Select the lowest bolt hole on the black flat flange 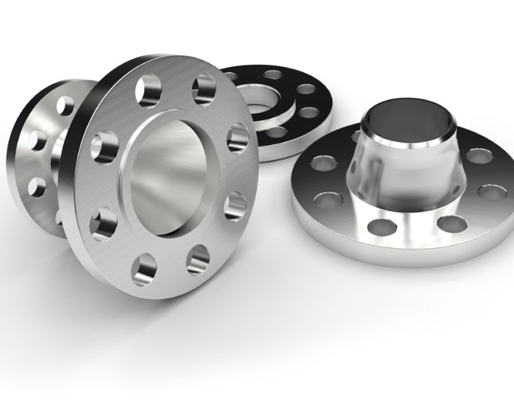[x=277, y=133]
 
